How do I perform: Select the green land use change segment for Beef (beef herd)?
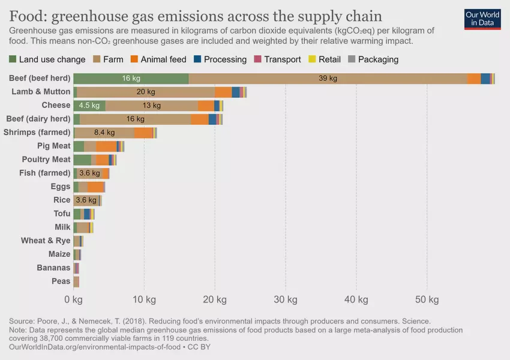131,79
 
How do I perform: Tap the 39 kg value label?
328,79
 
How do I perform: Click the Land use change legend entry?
47,59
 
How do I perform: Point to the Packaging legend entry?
373,59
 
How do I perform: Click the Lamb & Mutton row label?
41,92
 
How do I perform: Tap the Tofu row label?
62,214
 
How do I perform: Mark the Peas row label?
61,281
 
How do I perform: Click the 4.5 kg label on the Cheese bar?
89,106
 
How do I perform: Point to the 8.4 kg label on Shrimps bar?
104,133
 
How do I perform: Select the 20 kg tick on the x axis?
214,299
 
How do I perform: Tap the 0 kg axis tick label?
73,299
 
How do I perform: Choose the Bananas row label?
53,268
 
